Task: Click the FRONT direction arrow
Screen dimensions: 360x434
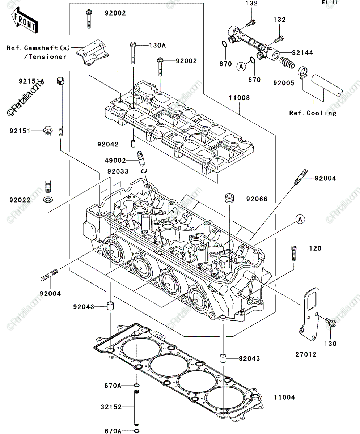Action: [x=25, y=20]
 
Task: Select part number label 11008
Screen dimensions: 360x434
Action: [x=240, y=98]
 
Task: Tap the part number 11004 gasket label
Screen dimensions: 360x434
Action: [x=284, y=397]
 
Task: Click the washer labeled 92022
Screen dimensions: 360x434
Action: [x=48, y=200]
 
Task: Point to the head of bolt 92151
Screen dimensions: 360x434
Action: [x=48, y=130]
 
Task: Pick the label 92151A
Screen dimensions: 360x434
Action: [x=31, y=81]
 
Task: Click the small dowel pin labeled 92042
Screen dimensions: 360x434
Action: [x=133, y=144]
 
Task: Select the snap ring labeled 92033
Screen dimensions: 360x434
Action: [x=144, y=171]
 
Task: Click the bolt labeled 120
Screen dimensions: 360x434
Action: [x=294, y=253]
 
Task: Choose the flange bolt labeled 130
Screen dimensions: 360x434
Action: [x=330, y=323]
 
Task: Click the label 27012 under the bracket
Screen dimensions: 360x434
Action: [x=306, y=354]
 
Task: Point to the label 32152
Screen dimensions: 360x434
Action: [x=111, y=407]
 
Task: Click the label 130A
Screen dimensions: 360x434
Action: [x=157, y=45]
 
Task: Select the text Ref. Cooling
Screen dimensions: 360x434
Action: [x=313, y=113]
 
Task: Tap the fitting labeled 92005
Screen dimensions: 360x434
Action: [x=287, y=63]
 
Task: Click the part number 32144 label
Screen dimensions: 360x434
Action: [x=302, y=53]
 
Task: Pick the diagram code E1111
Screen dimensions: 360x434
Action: [x=330, y=3]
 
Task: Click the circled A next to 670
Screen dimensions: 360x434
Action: [x=241, y=67]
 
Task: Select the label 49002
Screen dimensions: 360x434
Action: [x=115, y=160]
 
